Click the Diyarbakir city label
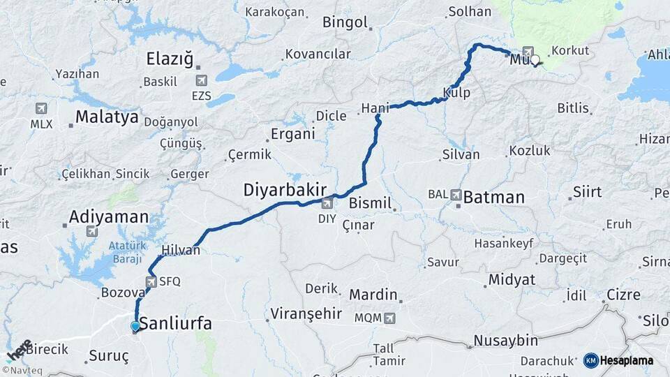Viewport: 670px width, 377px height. point(285,189)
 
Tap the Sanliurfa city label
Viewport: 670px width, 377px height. point(175,324)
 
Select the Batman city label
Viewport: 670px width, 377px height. point(493,197)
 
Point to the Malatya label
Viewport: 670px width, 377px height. point(107,117)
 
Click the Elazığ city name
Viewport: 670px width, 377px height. point(170,59)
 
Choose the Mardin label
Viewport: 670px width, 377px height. point(373,295)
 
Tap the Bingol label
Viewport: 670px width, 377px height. point(345,22)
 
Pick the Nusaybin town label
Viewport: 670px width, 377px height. point(505,341)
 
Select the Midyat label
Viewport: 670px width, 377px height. point(512,280)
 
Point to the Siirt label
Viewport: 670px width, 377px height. point(587,191)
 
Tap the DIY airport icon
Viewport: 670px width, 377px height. point(327,204)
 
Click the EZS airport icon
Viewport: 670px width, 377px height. point(202,81)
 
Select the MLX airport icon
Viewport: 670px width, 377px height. point(41,108)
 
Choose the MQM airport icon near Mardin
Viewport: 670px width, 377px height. point(389,318)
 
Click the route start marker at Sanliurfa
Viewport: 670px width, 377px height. point(135,326)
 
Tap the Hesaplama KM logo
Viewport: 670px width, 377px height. point(591,360)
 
